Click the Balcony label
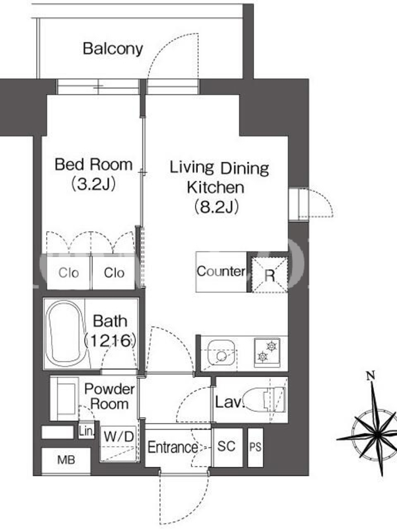112,49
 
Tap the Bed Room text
93,165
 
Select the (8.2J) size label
216,206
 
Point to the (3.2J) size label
93,184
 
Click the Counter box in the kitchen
222,272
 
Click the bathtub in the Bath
67,334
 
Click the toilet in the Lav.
265,399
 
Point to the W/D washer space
119,442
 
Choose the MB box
66,460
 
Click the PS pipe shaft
255,448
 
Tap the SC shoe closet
227,447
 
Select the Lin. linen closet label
87,431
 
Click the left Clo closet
69,272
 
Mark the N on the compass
371,375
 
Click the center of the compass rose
376,436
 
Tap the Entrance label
173,448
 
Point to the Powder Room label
109,396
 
